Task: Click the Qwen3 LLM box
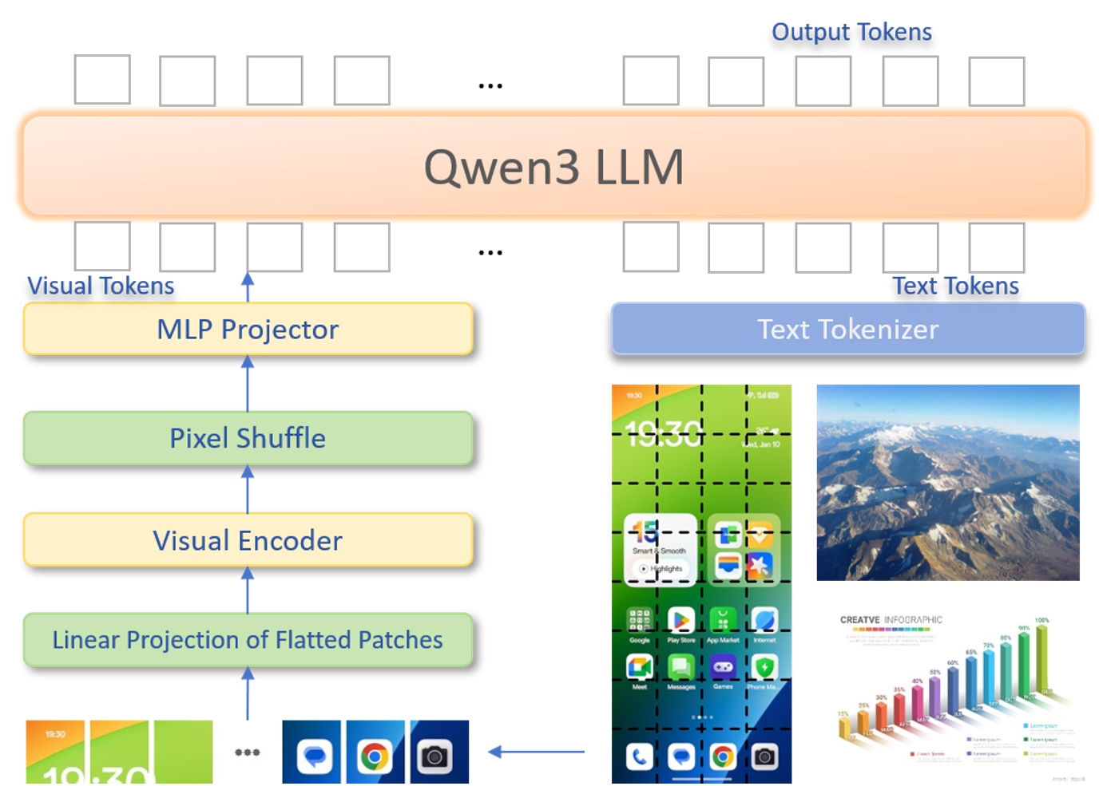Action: pos(554,167)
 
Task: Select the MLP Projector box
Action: pos(248,329)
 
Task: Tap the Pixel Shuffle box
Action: pos(248,438)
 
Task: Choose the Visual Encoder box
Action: pos(248,540)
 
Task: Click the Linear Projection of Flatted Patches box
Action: pos(248,640)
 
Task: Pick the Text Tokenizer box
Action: pos(847,329)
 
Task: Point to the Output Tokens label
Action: pos(851,32)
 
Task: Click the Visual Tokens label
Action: pos(101,286)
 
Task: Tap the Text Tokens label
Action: pos(955,286)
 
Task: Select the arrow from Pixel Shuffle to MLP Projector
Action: pos(248,383)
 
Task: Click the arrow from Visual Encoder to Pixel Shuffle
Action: pos(248,488)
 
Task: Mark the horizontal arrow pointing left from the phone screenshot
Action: pos(536,752)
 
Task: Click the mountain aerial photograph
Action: pos(948,482)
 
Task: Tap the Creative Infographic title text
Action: pos(891,620)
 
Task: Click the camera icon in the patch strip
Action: pos(436,755)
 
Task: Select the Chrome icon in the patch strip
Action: pos(374,755)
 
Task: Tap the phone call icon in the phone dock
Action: pos(639,756)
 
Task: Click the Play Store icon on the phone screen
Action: pos(680,620)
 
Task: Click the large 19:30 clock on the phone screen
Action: pos(664,435)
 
